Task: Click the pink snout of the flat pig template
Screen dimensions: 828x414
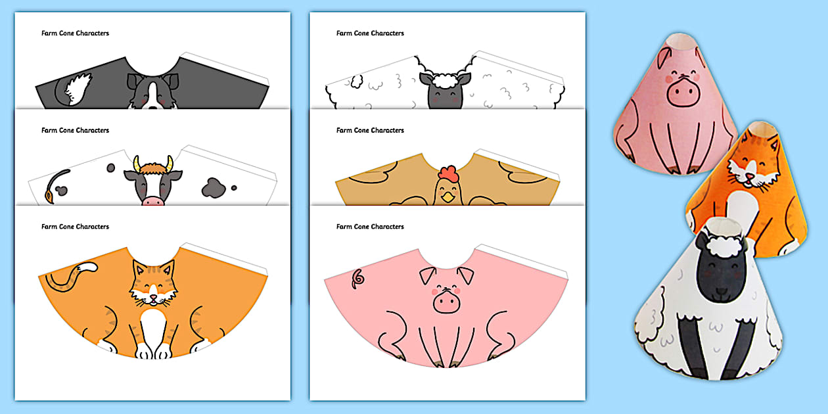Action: [447, 302]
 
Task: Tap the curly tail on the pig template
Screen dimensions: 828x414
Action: [357, 279]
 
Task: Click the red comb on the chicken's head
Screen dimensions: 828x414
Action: [448, 174]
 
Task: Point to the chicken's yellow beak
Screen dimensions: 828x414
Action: [448, 197]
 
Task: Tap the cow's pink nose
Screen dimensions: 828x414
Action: [152, 201]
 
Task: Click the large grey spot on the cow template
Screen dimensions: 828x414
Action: [214, 188]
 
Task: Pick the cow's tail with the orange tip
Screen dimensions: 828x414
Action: [55, 186]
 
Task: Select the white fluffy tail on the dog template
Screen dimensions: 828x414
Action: [78, 89]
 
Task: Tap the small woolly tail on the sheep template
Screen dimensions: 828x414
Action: [357, 81]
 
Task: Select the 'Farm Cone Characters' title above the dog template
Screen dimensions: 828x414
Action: [75, 34]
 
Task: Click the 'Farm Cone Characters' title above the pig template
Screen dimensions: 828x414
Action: [370, 227]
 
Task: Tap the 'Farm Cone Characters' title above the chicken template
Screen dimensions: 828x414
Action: [370, 130]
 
